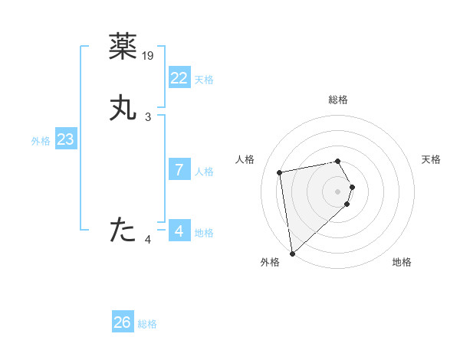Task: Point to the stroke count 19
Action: [x=149, y=56]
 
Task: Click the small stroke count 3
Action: [x=148, y=117]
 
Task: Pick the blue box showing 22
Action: [x=179, y=78]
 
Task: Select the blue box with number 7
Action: [x=179, y=170]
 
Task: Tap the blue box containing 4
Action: [x=179, y=231]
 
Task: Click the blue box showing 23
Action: [x=66, y=139]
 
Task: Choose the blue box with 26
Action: [x=123, y=322]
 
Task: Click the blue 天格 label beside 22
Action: [x=204, y=80]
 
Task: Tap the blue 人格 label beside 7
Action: [x=204, y=172]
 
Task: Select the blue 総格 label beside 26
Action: [x=147, y=324]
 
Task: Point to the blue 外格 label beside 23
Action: [x=41, y=141]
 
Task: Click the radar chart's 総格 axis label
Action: [x=338, y=100]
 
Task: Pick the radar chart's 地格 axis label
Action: [x=402, y=262]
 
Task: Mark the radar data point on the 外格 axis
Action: [x=291, y=252]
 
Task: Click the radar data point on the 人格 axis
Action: [x=280, y=172]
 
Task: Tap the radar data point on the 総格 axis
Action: [x=338, y=161]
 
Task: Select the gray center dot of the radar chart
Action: [x=338, y=191]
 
